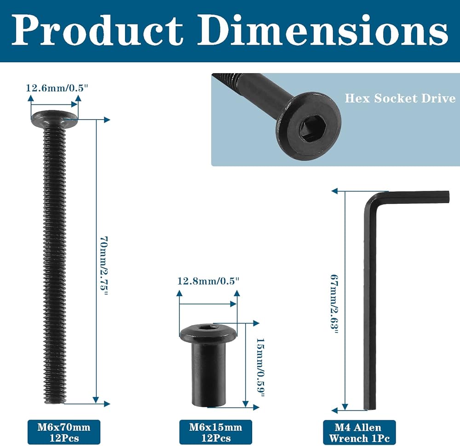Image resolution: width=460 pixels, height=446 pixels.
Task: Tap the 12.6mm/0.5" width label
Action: tap(57, 88)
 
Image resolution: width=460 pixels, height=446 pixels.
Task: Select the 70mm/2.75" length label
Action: tap(104, 266)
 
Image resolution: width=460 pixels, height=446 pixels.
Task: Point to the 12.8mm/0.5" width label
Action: tap(208, 281)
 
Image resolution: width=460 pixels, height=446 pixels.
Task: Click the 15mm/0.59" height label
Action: tap(260, 367)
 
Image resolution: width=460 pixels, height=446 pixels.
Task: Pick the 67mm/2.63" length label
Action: tap(334, 304)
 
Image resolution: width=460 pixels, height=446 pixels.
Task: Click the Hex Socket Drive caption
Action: tap(400, 98)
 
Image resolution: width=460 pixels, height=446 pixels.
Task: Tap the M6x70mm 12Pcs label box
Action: tap(64, 432)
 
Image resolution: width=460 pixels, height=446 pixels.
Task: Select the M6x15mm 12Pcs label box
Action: tap(216, 432)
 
